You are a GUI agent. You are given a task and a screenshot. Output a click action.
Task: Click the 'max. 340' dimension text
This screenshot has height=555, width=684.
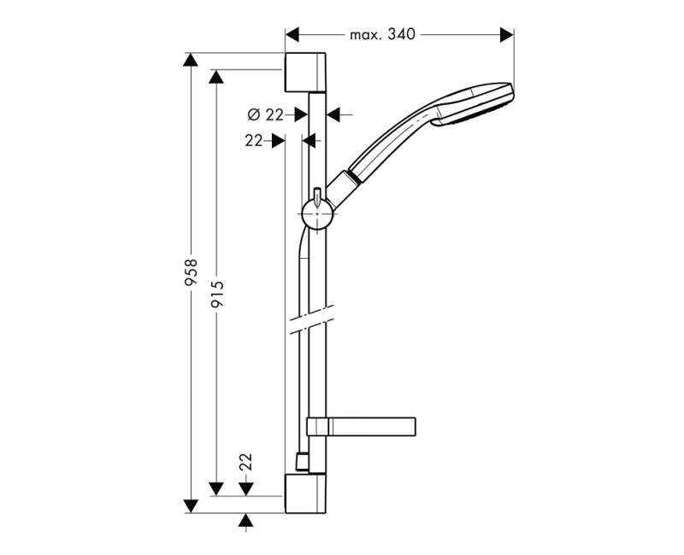click(381, 34)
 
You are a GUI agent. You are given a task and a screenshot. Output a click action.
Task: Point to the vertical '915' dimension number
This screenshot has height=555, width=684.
click(218, 295)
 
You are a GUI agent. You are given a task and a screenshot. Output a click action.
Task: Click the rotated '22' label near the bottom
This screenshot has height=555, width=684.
click(246, 462)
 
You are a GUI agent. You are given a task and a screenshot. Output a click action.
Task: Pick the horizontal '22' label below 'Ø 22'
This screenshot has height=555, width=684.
click(253, 142)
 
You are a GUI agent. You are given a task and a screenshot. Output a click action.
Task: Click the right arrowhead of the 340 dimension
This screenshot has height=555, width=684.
click(507, 34)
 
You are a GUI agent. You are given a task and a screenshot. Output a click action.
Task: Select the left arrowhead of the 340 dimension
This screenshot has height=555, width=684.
click(292, 34)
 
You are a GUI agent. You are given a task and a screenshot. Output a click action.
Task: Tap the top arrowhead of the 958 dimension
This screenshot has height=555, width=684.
click(192, 59)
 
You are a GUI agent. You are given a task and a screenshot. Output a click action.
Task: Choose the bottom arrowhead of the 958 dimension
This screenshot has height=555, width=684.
click(192, 506)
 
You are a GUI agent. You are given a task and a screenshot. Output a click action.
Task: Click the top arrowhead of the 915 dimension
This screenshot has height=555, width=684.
click(218, 76)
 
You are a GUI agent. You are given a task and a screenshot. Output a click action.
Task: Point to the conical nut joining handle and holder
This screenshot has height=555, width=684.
click(344, 184)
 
